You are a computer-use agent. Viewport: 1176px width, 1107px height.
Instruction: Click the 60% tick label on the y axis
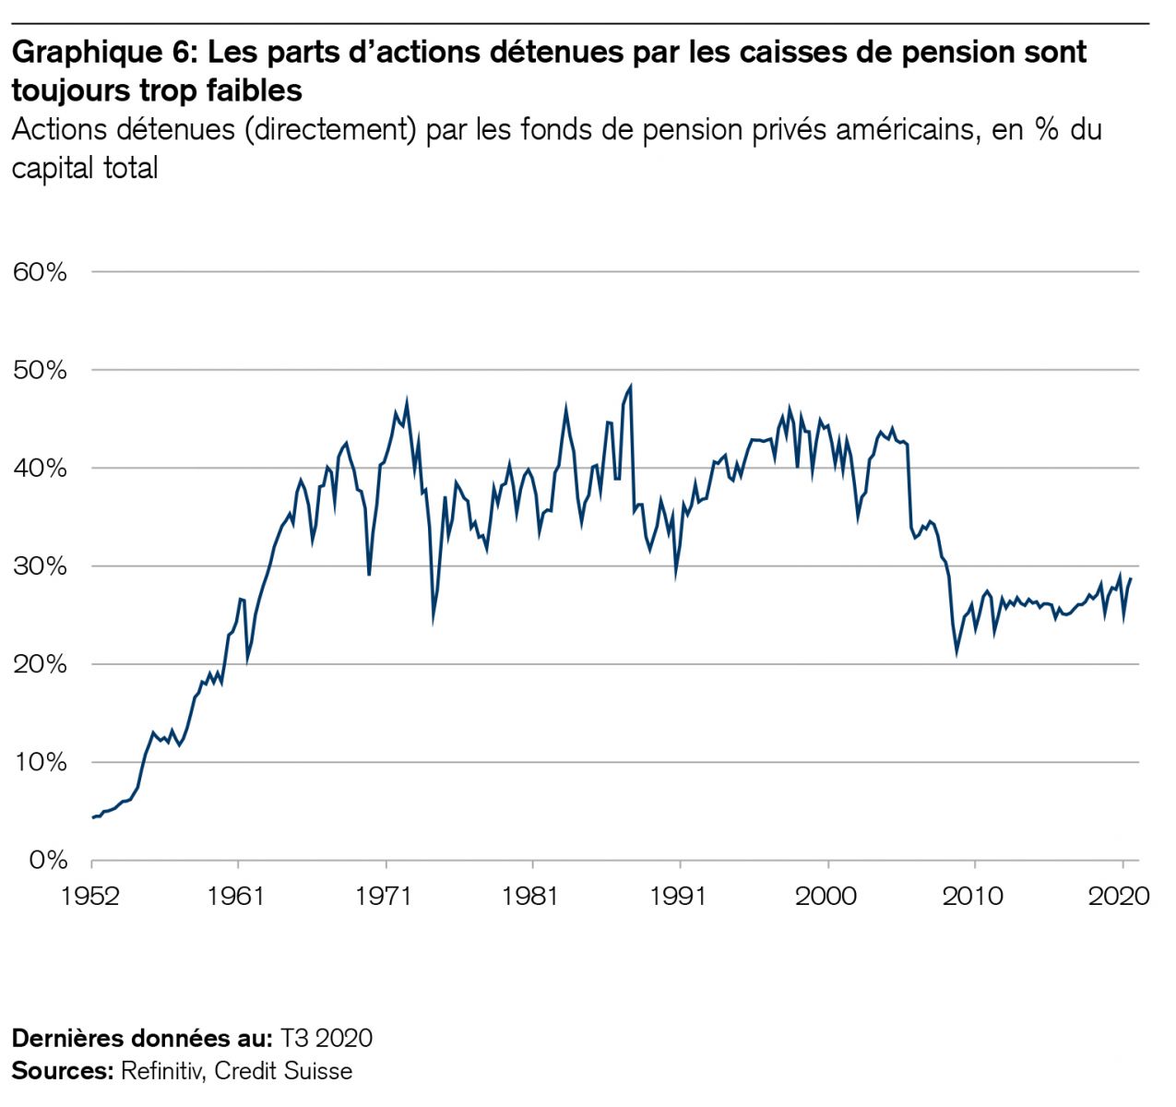[40, 272]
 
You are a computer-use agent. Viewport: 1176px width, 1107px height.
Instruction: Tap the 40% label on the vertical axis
[40, 469]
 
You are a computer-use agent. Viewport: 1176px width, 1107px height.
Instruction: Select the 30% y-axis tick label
[40, 566]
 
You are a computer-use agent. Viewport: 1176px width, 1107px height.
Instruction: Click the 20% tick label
[40, 664]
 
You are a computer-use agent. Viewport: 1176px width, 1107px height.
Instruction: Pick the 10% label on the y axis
[40, 763]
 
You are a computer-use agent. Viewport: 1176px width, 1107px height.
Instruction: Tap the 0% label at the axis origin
[47, 861]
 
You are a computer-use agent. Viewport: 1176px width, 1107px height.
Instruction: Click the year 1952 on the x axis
[91, 896]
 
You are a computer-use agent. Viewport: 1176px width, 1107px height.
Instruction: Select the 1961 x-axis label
[237, 896]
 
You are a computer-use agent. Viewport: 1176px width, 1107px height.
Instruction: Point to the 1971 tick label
[385, 896]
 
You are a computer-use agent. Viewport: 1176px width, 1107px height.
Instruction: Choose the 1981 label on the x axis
[532, 896]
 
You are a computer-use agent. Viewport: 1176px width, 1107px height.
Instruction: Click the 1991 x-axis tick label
[679, 896]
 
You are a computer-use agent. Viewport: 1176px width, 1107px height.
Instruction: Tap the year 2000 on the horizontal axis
[827, 896]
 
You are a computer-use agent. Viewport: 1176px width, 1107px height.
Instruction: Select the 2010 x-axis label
[974, 896]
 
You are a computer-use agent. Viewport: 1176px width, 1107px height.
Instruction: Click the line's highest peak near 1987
[631, 386]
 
